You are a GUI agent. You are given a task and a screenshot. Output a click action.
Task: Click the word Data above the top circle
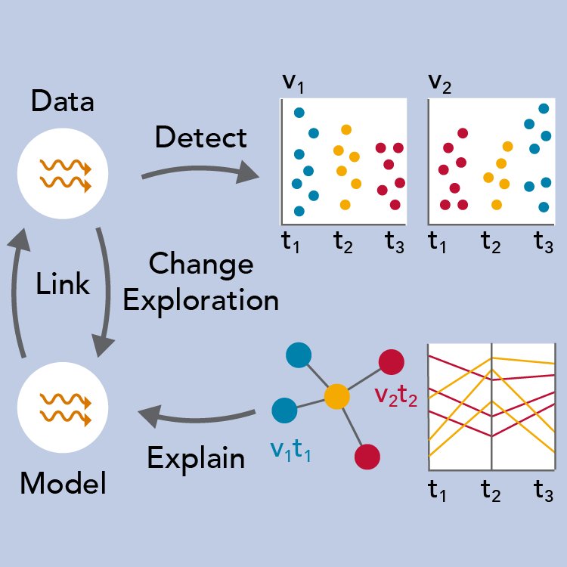click(x=63, y=101)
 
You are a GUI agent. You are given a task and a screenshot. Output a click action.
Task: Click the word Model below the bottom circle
click(x=63, y=482)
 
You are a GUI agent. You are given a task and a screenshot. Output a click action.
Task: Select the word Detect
click(x=200, y=138)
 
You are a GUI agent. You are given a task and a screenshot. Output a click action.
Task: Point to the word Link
click(x=63, y=284)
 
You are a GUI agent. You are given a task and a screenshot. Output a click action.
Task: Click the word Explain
click(x=196, y=458)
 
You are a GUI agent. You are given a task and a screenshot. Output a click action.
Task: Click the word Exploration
click(x=201, y=300)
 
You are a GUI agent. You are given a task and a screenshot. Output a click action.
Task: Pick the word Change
click(x=201, y=265)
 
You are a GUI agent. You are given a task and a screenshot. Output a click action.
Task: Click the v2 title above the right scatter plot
click(x=439, y=82)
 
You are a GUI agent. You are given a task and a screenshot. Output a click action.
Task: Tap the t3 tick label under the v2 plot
click(x=543, y=243)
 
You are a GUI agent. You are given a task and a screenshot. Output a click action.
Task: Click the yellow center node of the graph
click(x=336, y=395)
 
